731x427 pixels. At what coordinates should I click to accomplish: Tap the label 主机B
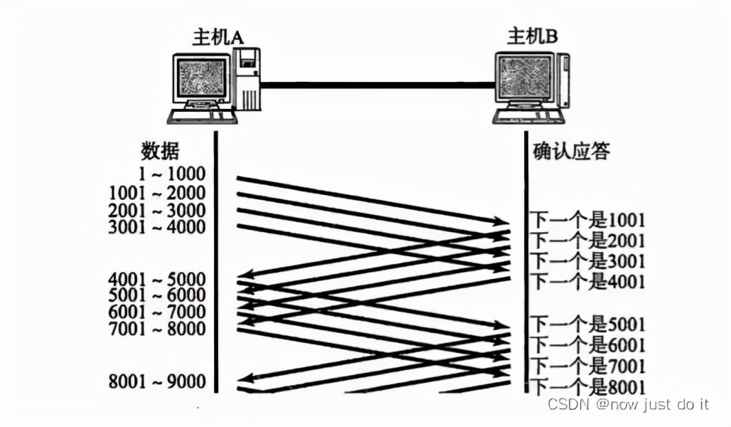coord(532,35)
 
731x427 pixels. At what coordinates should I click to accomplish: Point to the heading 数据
coord(160,151)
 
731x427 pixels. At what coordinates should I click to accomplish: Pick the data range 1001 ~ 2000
coord(157,193)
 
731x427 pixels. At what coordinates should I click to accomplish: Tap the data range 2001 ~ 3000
coord(157,211)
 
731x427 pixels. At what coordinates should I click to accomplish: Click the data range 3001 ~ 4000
coord(157,228)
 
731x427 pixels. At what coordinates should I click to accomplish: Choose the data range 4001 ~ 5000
coord(157,278)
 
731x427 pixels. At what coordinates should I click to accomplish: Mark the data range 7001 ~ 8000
coord(157,329)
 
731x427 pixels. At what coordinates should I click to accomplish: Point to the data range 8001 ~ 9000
coord(157,381)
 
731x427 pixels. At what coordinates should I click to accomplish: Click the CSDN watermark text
coord(628,404)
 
